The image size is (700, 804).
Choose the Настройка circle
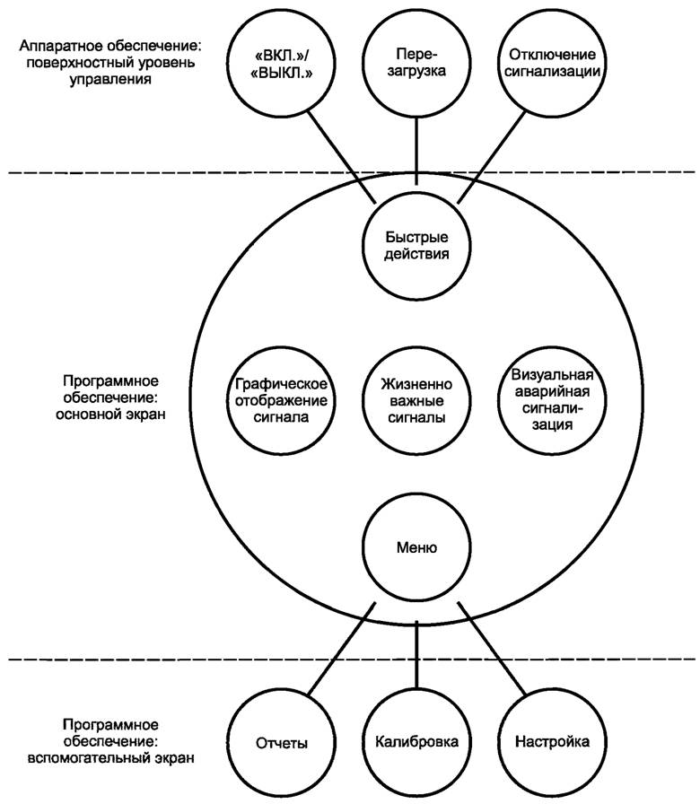click(552, 743)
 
